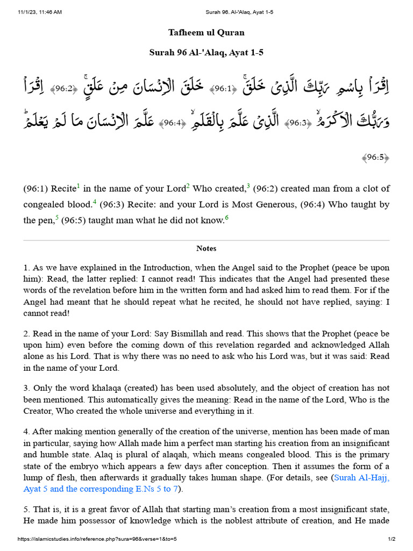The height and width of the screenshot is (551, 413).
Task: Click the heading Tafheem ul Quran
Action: [206, 32]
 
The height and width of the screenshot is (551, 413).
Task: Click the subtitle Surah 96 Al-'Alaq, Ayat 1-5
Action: [206, 53]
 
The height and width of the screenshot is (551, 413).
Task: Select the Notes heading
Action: [206, 249]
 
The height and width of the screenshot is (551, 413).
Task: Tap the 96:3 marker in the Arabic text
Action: [297, 123]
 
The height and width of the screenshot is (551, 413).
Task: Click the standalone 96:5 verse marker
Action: [375, 157]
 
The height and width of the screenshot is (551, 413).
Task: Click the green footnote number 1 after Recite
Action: [78, 186]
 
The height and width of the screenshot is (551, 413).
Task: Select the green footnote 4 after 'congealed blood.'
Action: [95, 202]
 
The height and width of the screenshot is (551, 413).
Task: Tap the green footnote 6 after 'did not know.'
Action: [227, 217]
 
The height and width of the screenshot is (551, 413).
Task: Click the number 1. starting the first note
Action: [26, 267]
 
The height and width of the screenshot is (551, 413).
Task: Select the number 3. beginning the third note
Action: [26, 388]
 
